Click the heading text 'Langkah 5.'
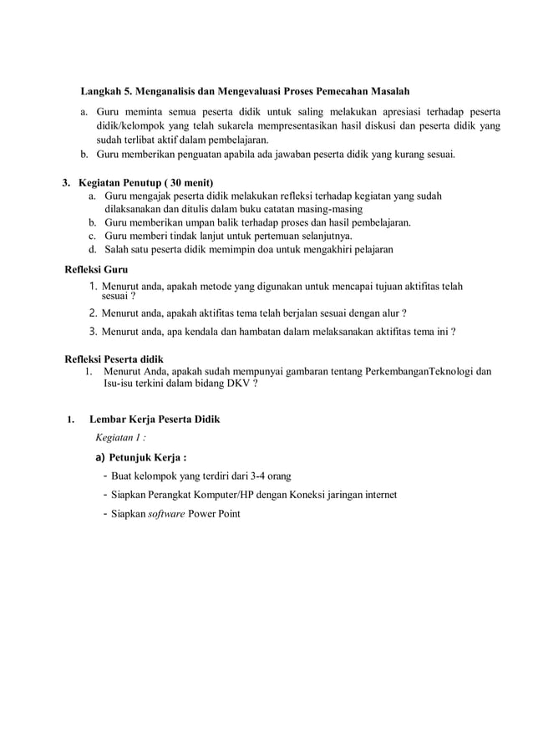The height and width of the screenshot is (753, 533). click(x=106, y=90)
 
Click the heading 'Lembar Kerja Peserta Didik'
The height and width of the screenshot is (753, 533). click(x=155, y=418)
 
